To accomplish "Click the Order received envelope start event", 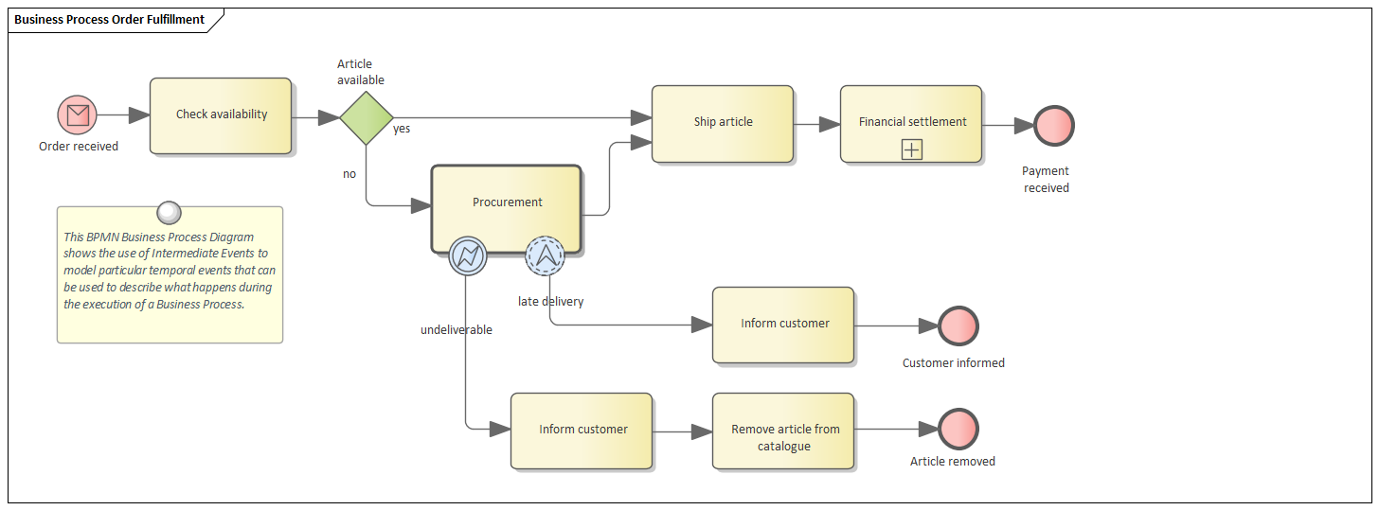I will [x=78, y=115].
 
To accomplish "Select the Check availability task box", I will [x=221, y=115].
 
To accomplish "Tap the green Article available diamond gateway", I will [x=367, y=117].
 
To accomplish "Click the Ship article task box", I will [x=722, y=123].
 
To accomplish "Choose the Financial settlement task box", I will [x=910, y=123].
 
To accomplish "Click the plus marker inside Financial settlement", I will [x=911, y=149].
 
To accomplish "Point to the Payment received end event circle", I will [x=1053, y=125].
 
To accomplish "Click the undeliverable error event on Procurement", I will [x=467, y=255].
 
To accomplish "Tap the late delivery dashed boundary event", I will [x=545, y=255].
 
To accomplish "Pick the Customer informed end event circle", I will [x=958, y=325].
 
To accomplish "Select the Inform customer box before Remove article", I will [x=582, y=431].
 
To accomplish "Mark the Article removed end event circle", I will [x=958, y=430].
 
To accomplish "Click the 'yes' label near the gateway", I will [x=402, y=129].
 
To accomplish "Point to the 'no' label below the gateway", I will [x=349, y=174].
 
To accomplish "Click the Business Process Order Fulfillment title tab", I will [x=110, y=19].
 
